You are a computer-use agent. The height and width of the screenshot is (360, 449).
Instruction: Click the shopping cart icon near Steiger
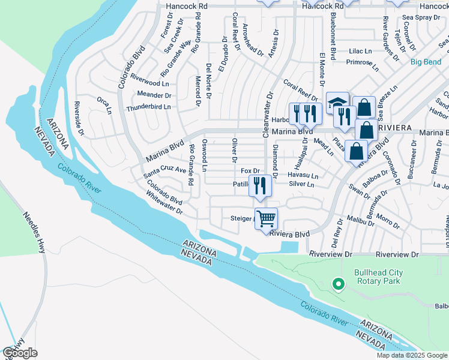[266, 217]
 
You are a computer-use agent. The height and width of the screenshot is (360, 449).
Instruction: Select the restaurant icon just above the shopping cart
[260, 185]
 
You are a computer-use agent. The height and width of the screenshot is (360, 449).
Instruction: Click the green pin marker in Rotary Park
[339, 284]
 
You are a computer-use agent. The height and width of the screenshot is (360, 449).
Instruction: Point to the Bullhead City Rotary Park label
[378, 277]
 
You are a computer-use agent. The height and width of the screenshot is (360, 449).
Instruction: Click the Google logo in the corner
[20, 352]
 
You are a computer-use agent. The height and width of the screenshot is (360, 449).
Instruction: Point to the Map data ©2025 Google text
[411, 355]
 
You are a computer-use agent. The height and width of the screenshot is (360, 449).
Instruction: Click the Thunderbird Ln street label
[148, 107]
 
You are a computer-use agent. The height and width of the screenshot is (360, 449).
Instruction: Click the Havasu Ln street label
[303, 175]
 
